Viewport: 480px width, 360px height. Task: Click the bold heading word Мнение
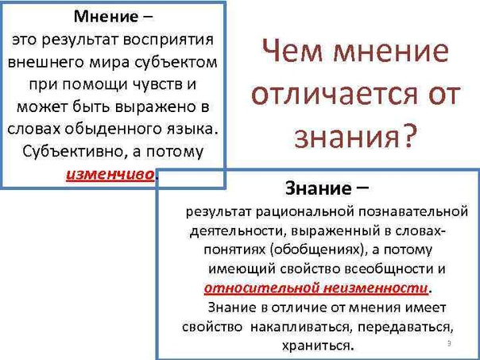[x=106, y=17]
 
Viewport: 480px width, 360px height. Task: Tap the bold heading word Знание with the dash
[x=327, y=188]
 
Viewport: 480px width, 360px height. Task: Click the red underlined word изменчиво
[x=110, y=175]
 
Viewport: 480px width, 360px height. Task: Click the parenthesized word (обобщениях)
[x=317, y=250]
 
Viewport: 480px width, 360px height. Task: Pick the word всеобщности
[x=385, y=269]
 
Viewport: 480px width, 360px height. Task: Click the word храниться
[x=317, y=346]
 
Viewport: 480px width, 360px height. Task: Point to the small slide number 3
[x=449, y=344]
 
